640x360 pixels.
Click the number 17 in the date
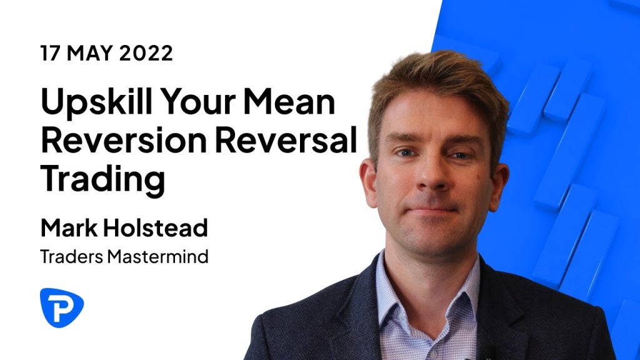(49, 53)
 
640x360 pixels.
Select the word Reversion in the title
(124, 139)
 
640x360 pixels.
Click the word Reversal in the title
(286, 139)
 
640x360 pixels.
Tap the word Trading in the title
(103, 181)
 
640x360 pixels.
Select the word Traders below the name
(72, 257)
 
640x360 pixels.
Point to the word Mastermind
(157, 257)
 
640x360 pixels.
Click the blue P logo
(62, 307)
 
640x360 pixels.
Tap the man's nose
(432, 174)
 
